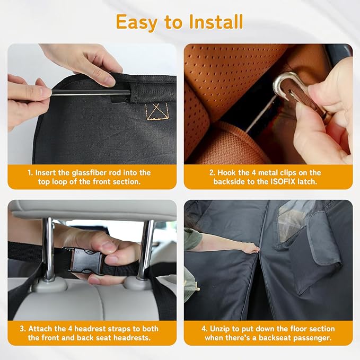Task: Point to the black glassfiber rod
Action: (90, 93)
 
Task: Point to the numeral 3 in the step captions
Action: (30, 329)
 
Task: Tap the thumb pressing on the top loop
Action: (104, 78)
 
